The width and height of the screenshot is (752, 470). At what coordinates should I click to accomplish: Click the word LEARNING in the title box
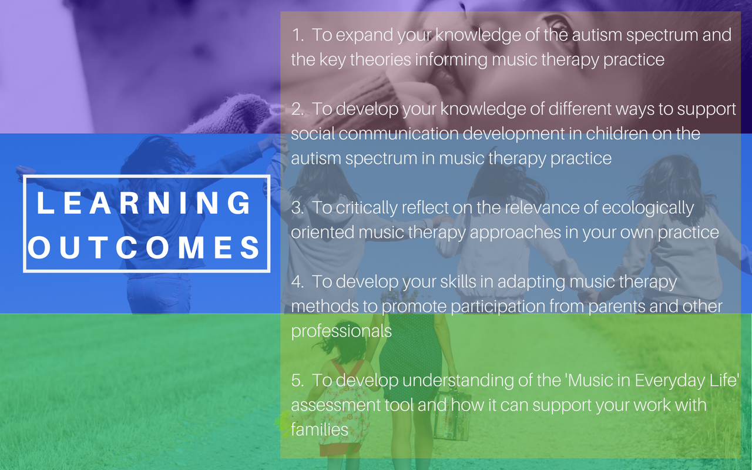pos(144,203)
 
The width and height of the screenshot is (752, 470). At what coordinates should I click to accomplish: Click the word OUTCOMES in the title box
pos(144,247)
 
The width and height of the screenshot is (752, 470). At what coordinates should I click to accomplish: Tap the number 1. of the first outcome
pos(298,35)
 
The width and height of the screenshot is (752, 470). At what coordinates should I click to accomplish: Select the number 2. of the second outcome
pos(298,109)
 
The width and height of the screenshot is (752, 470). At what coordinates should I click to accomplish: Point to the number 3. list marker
pos(298,208)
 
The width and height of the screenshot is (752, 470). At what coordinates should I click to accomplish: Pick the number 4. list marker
pos(298,281)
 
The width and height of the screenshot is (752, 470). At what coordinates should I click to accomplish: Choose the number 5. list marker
pos(298,380)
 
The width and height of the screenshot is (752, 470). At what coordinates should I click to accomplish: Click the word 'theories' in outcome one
pos(381,60)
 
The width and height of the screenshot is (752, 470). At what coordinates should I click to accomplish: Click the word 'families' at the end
pos(320,429)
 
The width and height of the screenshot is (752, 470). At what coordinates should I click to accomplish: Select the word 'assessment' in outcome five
pos(335,405)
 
